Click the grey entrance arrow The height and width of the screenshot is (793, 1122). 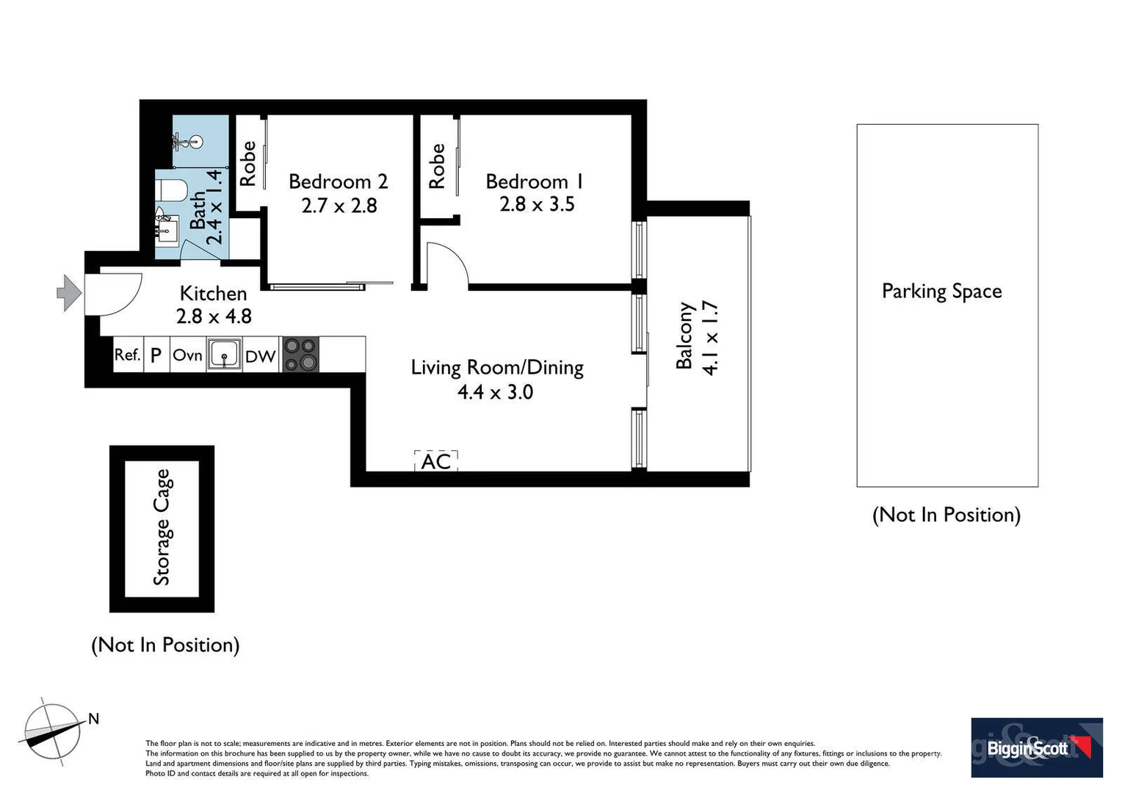[x=69, y=293]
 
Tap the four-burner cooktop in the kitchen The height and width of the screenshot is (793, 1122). [x=300, y=355]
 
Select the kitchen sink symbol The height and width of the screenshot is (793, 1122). [x=224, y=355]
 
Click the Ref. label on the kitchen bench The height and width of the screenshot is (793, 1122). [x=127, y=355]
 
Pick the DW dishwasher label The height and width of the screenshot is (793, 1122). [x=260, y=357]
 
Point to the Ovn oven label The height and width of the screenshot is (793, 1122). [x=187, y=355]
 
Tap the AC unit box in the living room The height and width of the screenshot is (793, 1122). [x=436, y=461]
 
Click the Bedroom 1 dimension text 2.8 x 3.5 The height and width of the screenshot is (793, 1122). [x=537, y=204]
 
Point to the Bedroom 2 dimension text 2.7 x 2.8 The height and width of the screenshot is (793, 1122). [x=339, y=206]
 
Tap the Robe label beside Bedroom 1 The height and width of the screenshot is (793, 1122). [x=437, y=166]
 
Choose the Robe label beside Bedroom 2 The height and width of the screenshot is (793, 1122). [x=248, y=163]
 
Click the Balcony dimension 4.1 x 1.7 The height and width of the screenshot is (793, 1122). [x=710, y=338]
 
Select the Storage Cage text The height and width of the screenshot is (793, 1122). [x=162, y=527]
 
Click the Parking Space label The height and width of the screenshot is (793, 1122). [x=941, y=292]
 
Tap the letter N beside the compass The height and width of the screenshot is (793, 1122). [x=93, y=719]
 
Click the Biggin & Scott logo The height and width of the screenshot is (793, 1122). [x=1036, y=747]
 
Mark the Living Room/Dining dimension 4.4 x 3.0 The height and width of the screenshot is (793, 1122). [x=495, y=392]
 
